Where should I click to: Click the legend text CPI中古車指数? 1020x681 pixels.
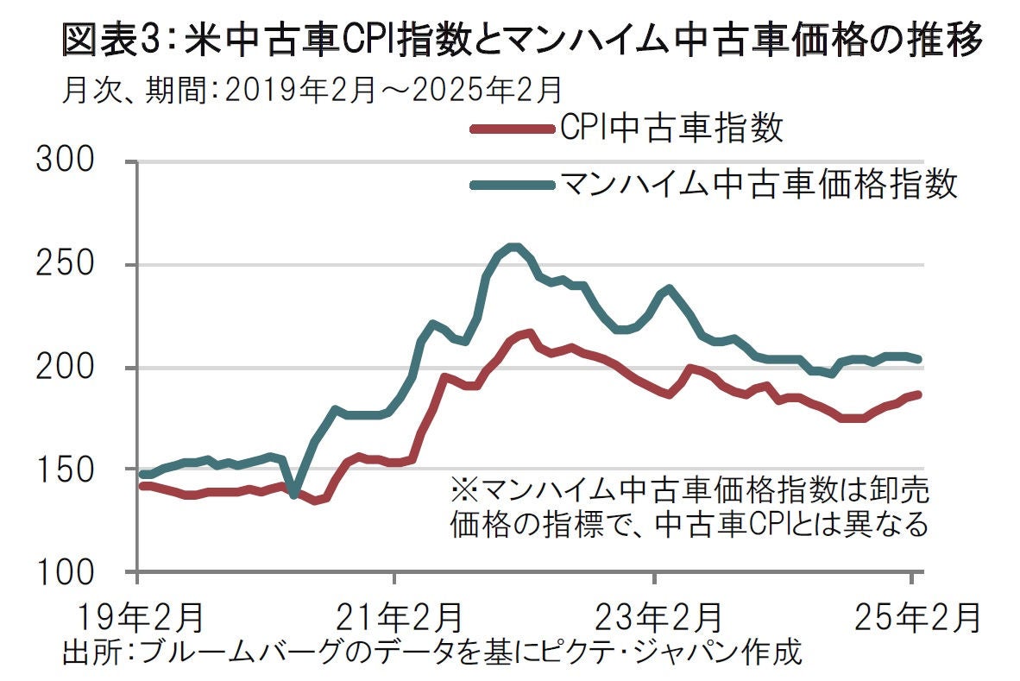671,129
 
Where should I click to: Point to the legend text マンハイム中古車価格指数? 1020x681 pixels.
759,183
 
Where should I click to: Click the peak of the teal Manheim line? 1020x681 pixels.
514,247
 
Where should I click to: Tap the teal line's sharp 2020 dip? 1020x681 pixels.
294,495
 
